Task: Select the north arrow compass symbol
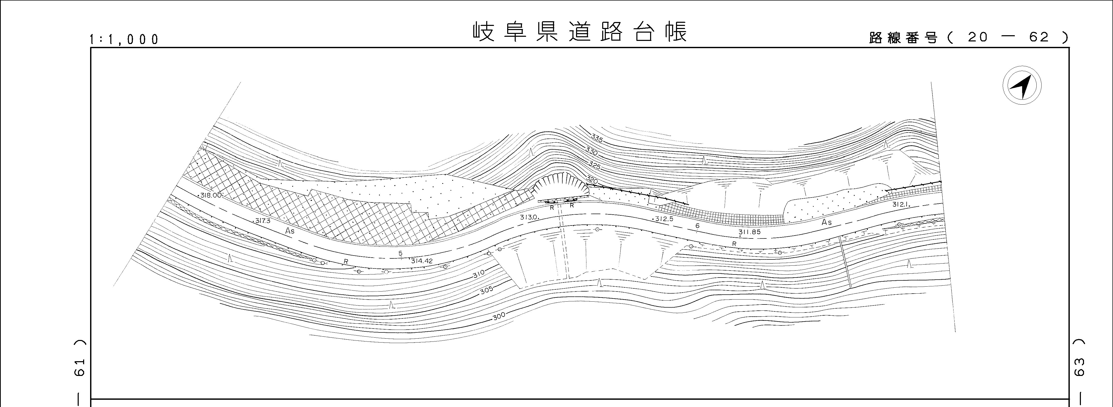[1022, 85]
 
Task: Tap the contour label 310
[479, 273]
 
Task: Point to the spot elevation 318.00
[211, 195]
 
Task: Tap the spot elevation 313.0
[528, 217]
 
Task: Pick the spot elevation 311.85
[750, 232]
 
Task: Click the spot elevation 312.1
[902, 205]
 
